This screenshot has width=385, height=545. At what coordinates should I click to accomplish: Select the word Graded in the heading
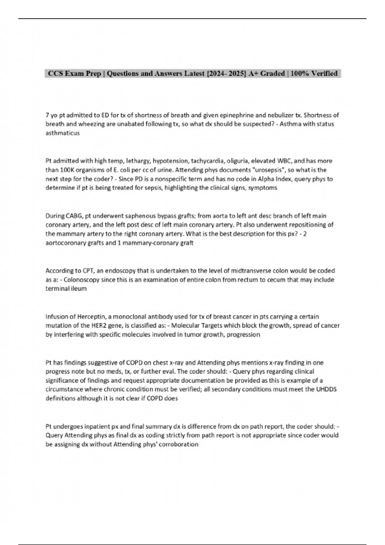pos(272,73)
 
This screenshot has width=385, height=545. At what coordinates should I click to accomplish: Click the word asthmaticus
pos(63,133)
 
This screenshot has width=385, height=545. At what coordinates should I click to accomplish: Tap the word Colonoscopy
pos(81,280)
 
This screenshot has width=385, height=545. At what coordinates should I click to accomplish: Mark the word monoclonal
pos(130,317)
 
